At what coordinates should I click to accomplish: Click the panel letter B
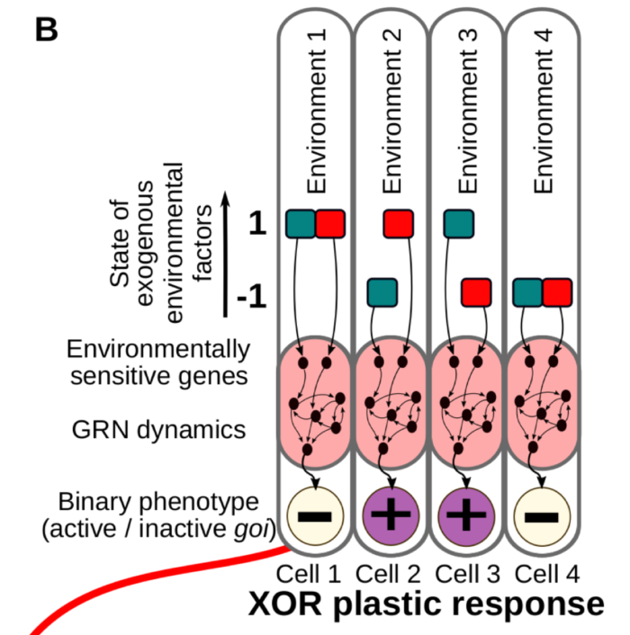[x=46, y=29]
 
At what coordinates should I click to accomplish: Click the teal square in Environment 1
[x=301, y=223]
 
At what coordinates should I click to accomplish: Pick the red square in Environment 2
[x=398, y=223]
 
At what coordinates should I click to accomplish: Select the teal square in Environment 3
[x=459, y=223]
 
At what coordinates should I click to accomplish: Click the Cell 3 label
[x=466, y=572]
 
